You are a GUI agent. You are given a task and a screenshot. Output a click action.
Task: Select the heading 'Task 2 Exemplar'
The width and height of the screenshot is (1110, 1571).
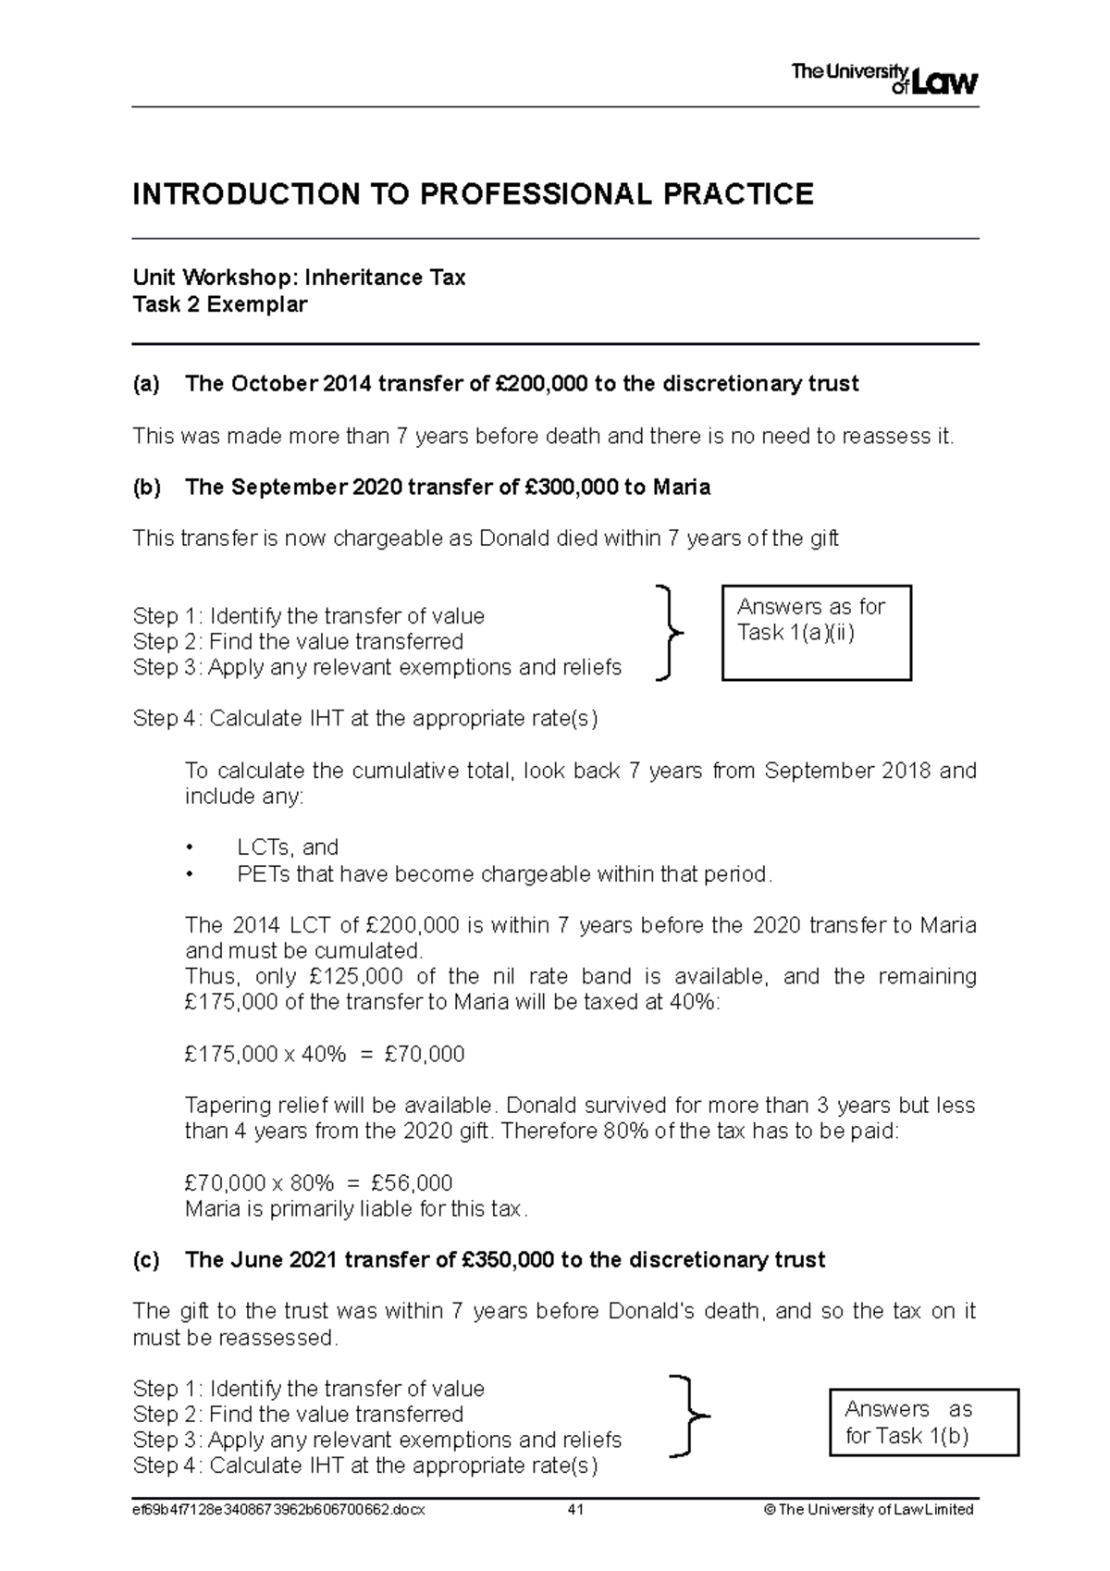coord(220,304)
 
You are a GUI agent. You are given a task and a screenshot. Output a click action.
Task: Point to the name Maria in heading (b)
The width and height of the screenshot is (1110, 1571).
coord(682,488)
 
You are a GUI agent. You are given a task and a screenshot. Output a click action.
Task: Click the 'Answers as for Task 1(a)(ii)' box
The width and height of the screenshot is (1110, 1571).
coord(816,633)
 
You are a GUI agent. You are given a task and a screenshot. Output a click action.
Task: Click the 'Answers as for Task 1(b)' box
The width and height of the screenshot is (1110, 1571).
coord(923,1422)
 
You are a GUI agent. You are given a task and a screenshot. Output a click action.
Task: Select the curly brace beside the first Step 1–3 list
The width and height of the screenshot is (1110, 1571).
coord(668,634)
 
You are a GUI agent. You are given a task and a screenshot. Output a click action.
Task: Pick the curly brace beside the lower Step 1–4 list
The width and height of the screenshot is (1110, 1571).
coord(689,1416)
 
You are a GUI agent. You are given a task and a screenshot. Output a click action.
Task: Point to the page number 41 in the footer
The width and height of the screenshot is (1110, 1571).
coord(575,1510)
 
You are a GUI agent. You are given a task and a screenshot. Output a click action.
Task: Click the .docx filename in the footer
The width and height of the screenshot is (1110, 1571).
coord(278,1510)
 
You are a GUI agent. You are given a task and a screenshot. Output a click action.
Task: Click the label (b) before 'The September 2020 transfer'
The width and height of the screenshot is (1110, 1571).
coord(146,488)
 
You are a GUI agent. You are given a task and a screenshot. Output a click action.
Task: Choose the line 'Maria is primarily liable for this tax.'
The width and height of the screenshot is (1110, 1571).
coord(356,1209)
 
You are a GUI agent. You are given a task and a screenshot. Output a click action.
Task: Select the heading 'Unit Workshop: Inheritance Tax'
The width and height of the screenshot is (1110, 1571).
coord(299,278)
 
